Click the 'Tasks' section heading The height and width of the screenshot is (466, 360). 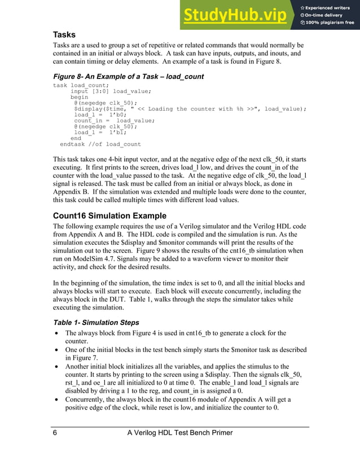coord(64,35)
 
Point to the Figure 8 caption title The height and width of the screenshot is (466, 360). coord(128,76)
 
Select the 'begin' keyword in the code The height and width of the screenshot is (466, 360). coord(80,97)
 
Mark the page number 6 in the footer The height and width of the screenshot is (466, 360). coord(55,433)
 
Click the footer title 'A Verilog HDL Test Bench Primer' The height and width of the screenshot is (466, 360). coord(180,433)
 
